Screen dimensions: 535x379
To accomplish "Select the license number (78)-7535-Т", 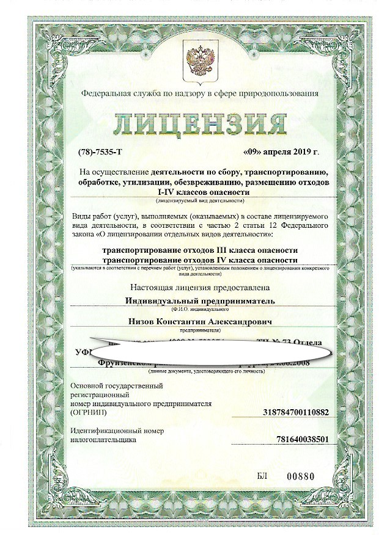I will tap(95, 151).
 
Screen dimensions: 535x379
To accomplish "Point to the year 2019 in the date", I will tap(304, 151).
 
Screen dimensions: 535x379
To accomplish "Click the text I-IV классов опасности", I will tap(200, 192).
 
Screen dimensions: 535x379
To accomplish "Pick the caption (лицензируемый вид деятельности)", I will tap(200, 200).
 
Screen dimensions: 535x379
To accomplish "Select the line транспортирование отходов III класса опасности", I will tap(200, 250).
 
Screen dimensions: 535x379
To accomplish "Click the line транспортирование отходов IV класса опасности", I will tap(200, 260).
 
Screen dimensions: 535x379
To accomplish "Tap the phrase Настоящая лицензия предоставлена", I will tap(200, 287).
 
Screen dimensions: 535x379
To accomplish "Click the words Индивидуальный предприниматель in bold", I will tap(200, 300).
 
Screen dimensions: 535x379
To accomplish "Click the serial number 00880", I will tap(317, 476).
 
